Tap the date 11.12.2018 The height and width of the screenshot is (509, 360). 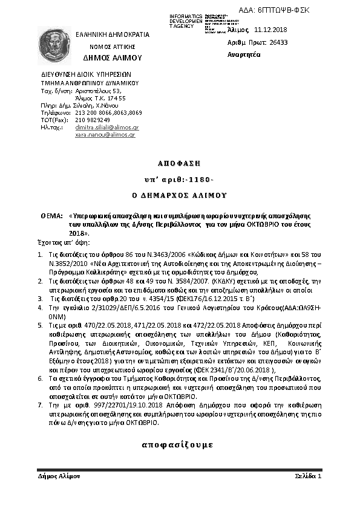270,29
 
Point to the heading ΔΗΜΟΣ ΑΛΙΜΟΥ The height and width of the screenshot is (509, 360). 112,57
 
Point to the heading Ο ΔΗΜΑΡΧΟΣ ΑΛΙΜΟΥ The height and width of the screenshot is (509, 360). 179,196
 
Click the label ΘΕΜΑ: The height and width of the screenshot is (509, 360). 51,216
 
